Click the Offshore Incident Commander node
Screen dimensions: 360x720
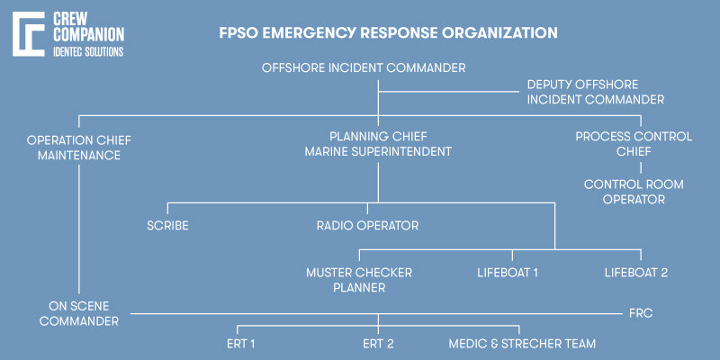[364, 67]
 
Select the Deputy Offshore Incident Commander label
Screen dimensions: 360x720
[595, 92]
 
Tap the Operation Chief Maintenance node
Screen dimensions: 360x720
[74, 146]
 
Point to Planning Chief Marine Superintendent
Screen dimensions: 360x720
[377, 144]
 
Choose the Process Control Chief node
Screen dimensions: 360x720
[634, 144]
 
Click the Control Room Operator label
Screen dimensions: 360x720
[634, 192]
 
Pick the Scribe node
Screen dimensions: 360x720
[167, 225]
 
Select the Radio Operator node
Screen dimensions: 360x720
[367, 225]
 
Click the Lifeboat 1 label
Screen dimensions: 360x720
[507, 272]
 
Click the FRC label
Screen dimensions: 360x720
[640, 314]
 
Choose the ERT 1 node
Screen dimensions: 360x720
[241, 344]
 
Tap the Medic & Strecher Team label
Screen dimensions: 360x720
[522, 344]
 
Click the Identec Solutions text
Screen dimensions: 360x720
[90, 52]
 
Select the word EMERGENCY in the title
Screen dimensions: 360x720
[308, 33]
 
